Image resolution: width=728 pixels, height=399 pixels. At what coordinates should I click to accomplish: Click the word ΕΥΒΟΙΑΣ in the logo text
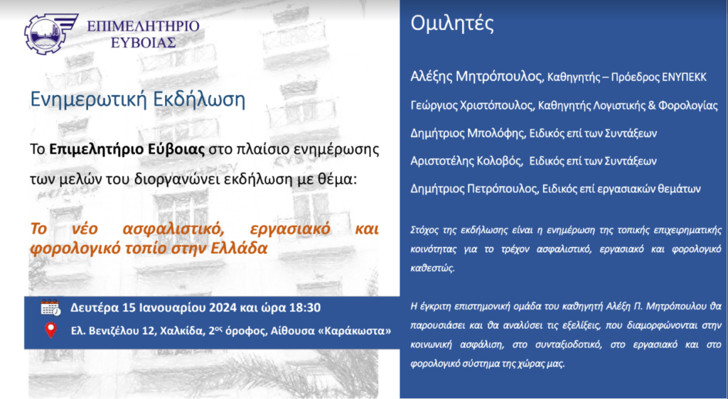[x=144, y=43]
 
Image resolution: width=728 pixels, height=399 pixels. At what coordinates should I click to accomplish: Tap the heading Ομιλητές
[x=451, y=23]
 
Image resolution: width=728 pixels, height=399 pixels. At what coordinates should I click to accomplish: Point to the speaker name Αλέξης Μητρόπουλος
[x=476, y=77]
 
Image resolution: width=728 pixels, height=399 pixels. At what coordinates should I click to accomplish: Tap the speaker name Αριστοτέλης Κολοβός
[x=466, y=160]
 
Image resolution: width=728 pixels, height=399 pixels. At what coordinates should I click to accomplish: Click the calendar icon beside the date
[x=50, y=307]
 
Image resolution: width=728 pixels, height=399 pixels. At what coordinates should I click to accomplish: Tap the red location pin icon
[x=50, y=330]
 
